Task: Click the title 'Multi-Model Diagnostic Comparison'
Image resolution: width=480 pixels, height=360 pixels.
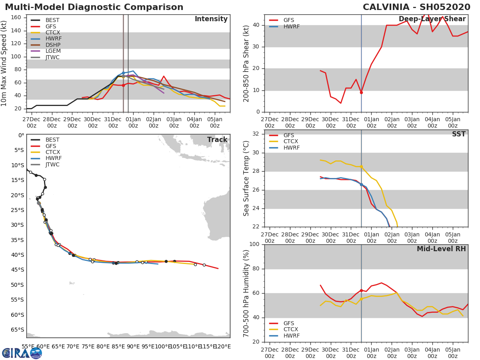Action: [94, 7]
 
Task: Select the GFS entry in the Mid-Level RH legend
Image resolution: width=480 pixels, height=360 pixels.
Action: [288, 323]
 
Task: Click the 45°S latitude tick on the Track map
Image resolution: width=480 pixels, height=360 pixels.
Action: [17, 270]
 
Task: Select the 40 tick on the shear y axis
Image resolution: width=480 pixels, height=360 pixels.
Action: [255, 25]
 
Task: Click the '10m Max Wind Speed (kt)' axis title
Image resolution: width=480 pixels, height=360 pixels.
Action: [4, 63]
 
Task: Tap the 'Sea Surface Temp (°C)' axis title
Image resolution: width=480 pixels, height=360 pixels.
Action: [246, 178]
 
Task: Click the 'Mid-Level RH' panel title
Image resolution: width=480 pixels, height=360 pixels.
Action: [441, 249]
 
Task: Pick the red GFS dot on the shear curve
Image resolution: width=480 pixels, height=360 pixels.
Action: [361, 92]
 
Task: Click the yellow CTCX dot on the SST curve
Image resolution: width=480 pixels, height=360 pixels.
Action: [361, 166]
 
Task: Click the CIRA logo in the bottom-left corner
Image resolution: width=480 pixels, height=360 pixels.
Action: [22, 353]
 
